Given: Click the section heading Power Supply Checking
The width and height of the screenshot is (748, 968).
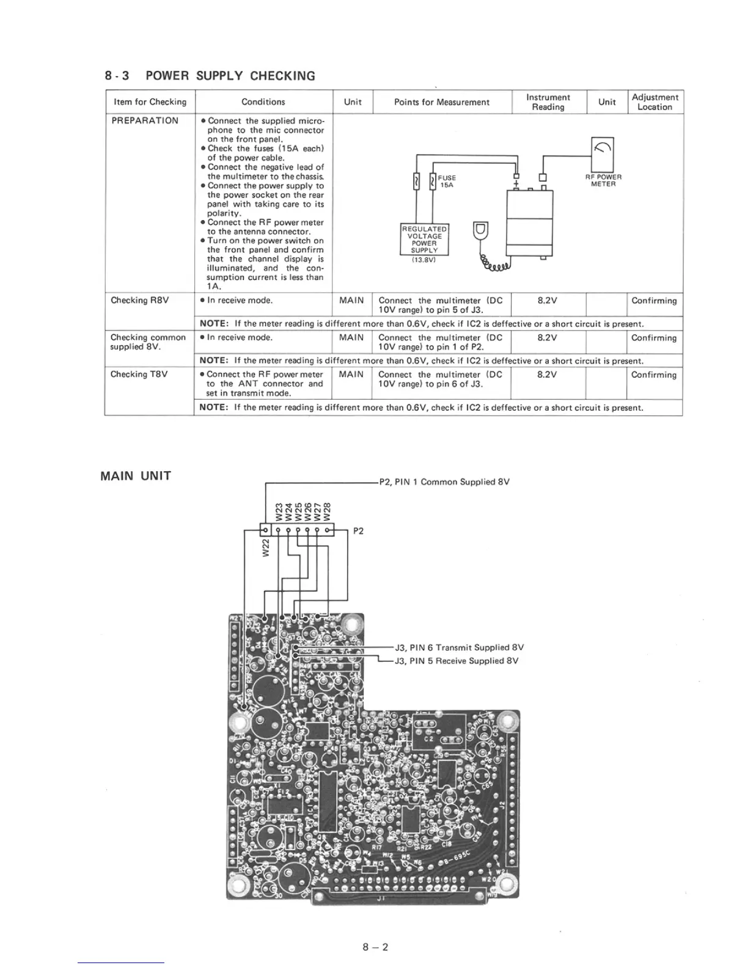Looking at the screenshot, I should [210, 76].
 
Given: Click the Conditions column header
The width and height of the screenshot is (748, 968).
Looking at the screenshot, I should [263, 102].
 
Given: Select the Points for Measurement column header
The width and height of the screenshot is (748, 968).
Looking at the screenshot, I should [441, 102].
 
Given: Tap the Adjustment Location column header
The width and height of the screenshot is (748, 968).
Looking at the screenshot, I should [654, 102].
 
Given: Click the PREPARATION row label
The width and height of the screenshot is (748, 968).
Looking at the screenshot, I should [145, 120].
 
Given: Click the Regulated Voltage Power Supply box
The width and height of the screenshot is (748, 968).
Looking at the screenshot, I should [424, 240].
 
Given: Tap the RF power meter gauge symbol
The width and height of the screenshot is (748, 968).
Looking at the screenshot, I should [603, 148].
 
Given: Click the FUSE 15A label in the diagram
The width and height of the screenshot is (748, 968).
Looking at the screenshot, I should [447, 181].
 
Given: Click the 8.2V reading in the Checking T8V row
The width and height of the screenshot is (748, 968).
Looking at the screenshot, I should [547, 375].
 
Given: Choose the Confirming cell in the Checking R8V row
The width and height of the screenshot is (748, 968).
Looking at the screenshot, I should [654, 301].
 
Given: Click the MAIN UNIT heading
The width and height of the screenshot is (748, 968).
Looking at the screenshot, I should [136, 476].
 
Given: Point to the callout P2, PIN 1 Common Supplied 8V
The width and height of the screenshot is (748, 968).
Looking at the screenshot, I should [444, 482].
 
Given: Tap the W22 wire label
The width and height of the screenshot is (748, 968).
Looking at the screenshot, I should [265, 548].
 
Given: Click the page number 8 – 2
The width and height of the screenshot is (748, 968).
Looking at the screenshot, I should [375, 947].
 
